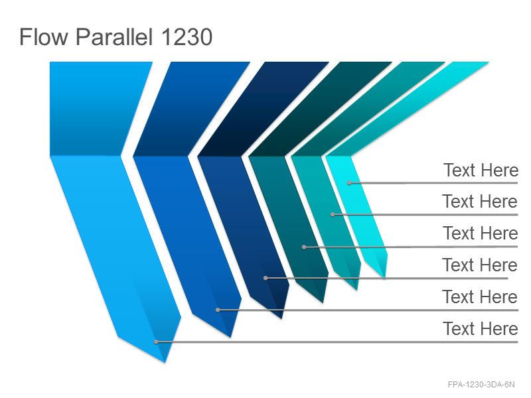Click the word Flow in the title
(x=44, y=36)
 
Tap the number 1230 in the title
(x=187, y=37)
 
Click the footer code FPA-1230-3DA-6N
(x=481, y=385)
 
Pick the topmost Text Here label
(x=481, y=170)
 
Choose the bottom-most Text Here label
(x=480, y=328)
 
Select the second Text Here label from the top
(x=480, y=202)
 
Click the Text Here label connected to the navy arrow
(x=480, y=265)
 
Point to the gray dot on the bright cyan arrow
(x=349, y=183)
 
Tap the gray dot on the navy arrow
(x=266, y=278)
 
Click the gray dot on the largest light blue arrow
(x=156, y=342)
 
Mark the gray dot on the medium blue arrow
(x=218, y=310)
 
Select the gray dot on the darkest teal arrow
(x=304, y=247)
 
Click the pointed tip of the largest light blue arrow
(x=165, y=363)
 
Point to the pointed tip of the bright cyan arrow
(x=384, y=278)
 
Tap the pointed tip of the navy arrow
(x=281, y=319)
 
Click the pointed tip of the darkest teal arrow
(x=323, y=303)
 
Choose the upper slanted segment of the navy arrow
(x=263, y=109)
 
